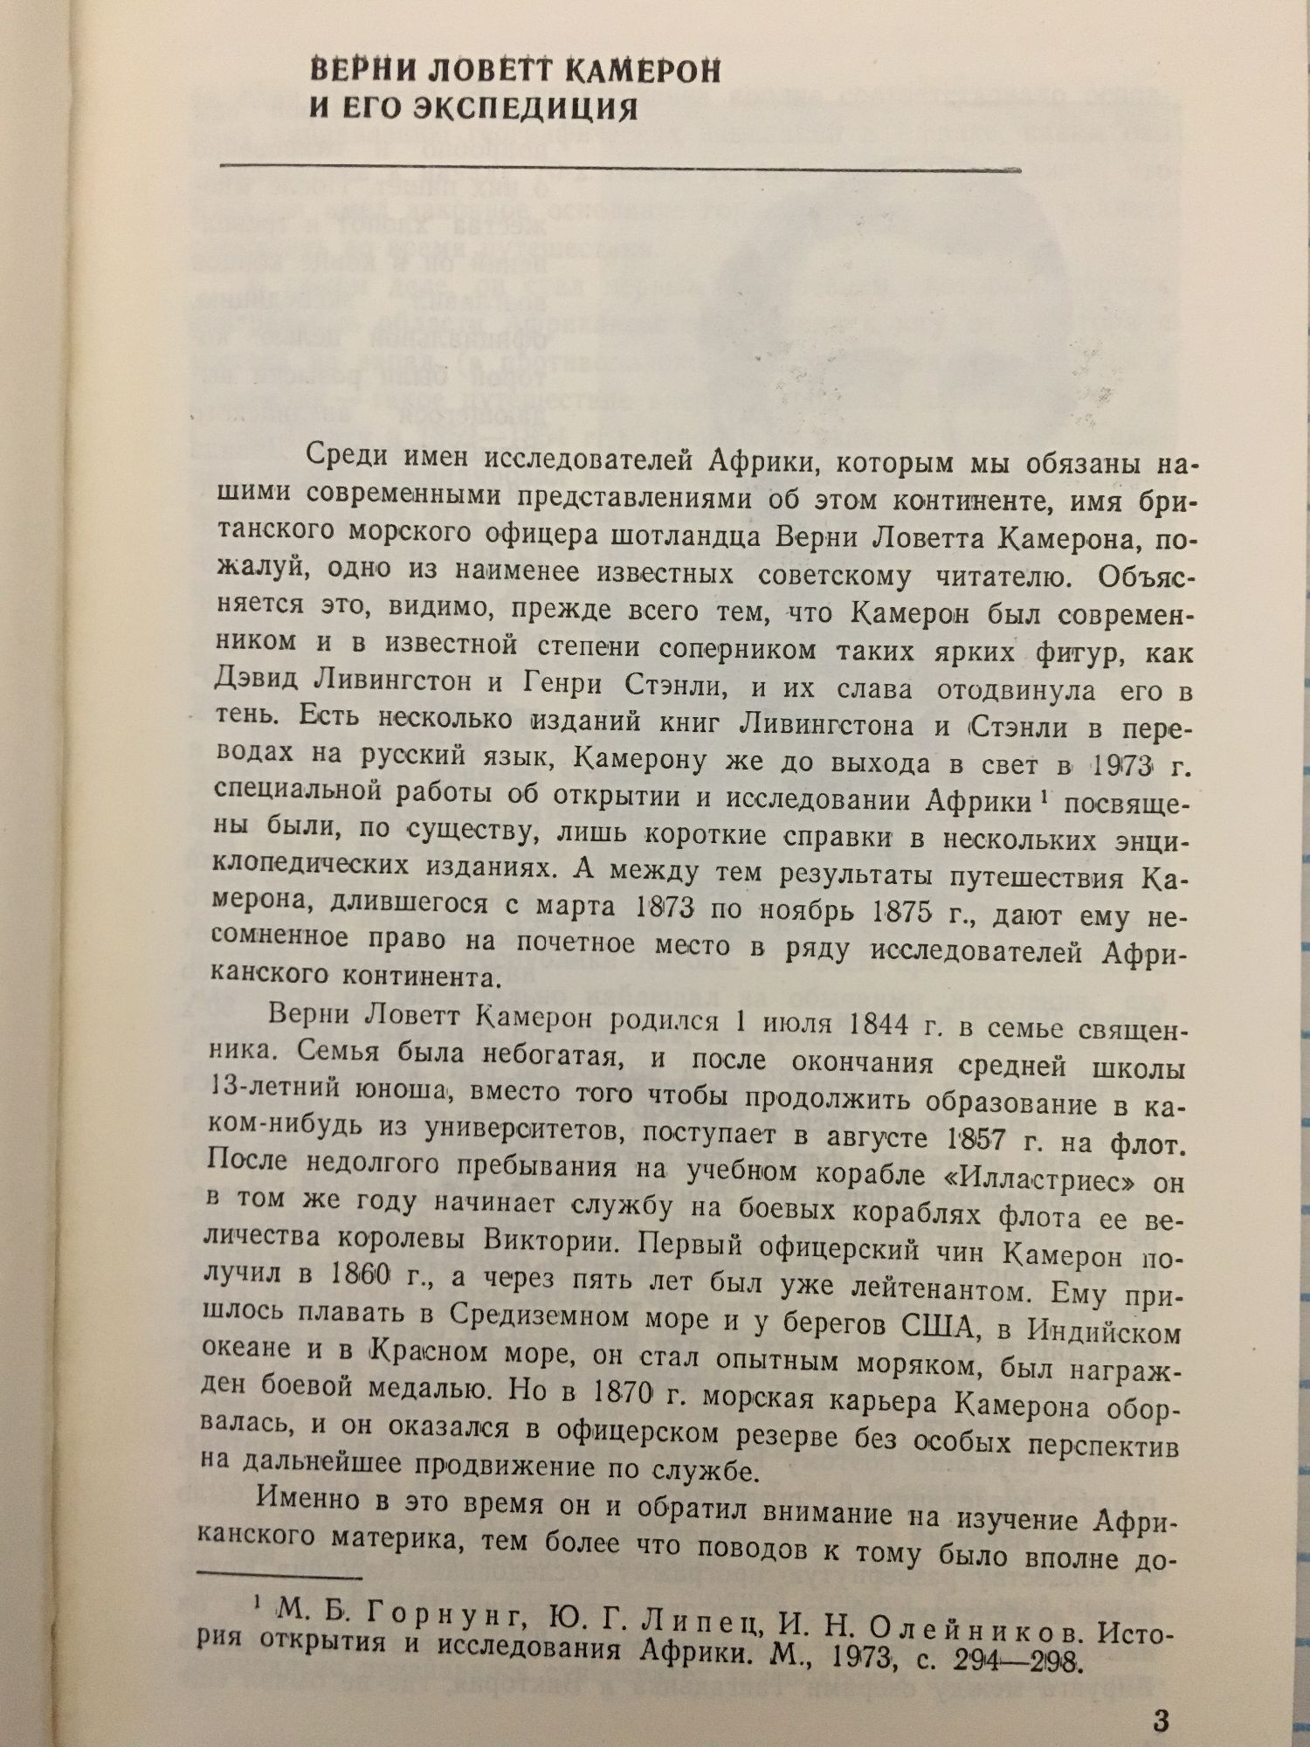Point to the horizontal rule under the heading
620,165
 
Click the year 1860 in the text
351,1274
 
